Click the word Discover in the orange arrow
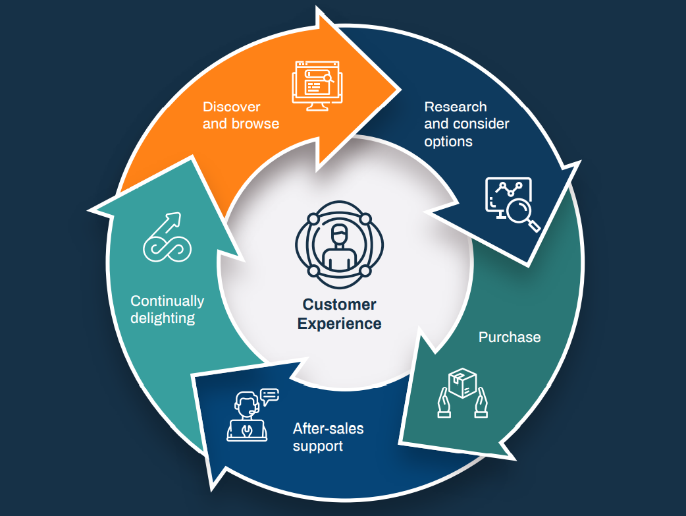[x=231, y=107]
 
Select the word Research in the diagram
[x=456, y=107]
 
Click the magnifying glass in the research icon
[x=522, y=214]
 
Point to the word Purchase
[x=510, y=337]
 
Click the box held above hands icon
[x=462, y=393]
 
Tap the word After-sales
[x=328, y=429]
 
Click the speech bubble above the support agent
[x=269, y=395]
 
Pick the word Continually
[x=167, y=301]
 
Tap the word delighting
[x=163, y=318]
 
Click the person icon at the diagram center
[x=339, y=244]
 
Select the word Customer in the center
[x=339, y=305]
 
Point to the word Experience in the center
[x=339, y=324]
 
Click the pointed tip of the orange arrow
[x=399, y=88]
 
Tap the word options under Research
[x=448, y=142]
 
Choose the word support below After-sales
[x=318, y=446]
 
